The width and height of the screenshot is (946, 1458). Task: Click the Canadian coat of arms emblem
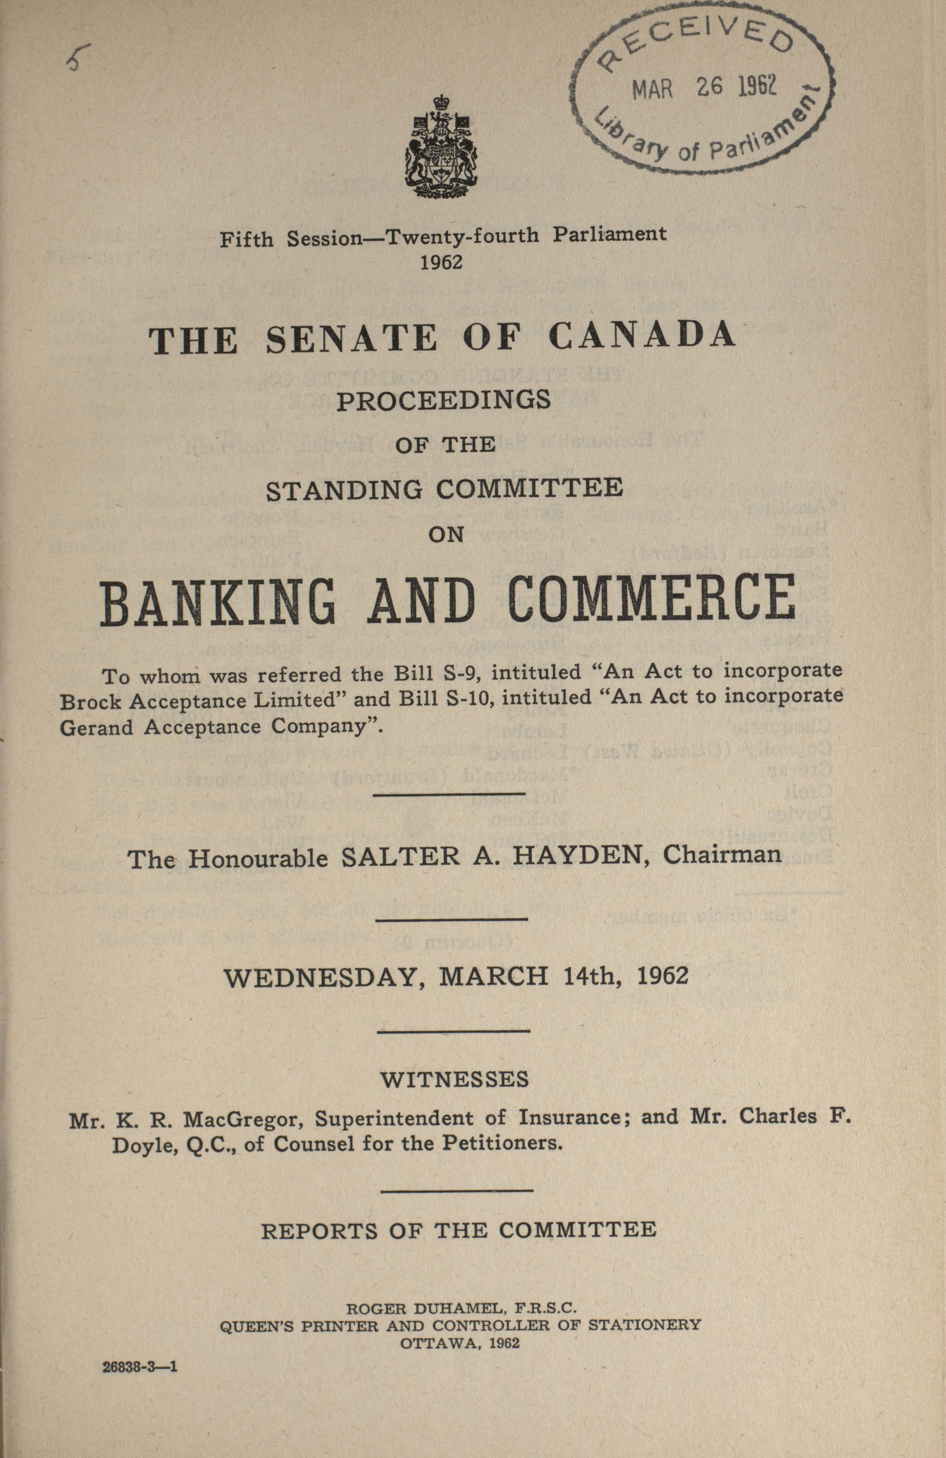pos(440,147)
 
